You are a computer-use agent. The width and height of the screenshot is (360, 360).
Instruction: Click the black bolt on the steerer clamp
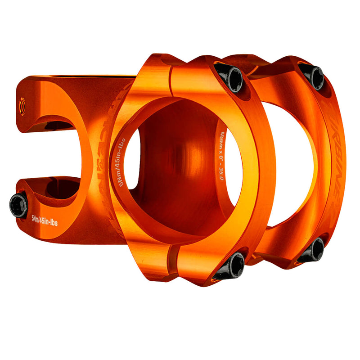click(18, 205)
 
